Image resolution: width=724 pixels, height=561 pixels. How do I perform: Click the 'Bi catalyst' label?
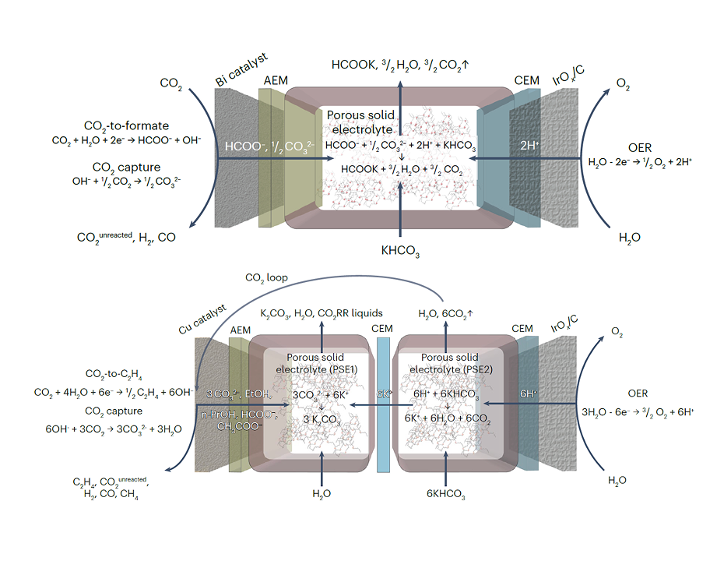[x=241, y=69]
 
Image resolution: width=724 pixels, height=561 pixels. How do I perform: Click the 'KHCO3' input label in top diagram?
[x=400, y=252]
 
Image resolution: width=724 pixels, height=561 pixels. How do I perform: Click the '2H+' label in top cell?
[x=529, y=146]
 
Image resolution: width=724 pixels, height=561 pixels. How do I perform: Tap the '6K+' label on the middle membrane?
[x=383, y=394]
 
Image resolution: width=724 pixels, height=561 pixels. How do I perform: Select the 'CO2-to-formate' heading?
[x=126, y=125]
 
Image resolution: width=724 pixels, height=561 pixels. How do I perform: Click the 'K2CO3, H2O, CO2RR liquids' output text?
[x=322, y=313]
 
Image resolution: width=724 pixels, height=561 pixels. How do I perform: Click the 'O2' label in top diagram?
[x=623, y=83]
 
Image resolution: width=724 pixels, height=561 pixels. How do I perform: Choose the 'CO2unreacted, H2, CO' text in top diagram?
[x=125, y=238]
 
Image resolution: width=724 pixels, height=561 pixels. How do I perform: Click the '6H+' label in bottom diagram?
[x=530, y=394]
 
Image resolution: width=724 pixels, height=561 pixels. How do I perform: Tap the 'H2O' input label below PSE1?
[x=322, y=493]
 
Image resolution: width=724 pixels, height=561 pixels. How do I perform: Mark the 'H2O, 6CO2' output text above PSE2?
[x=445, y=313]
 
